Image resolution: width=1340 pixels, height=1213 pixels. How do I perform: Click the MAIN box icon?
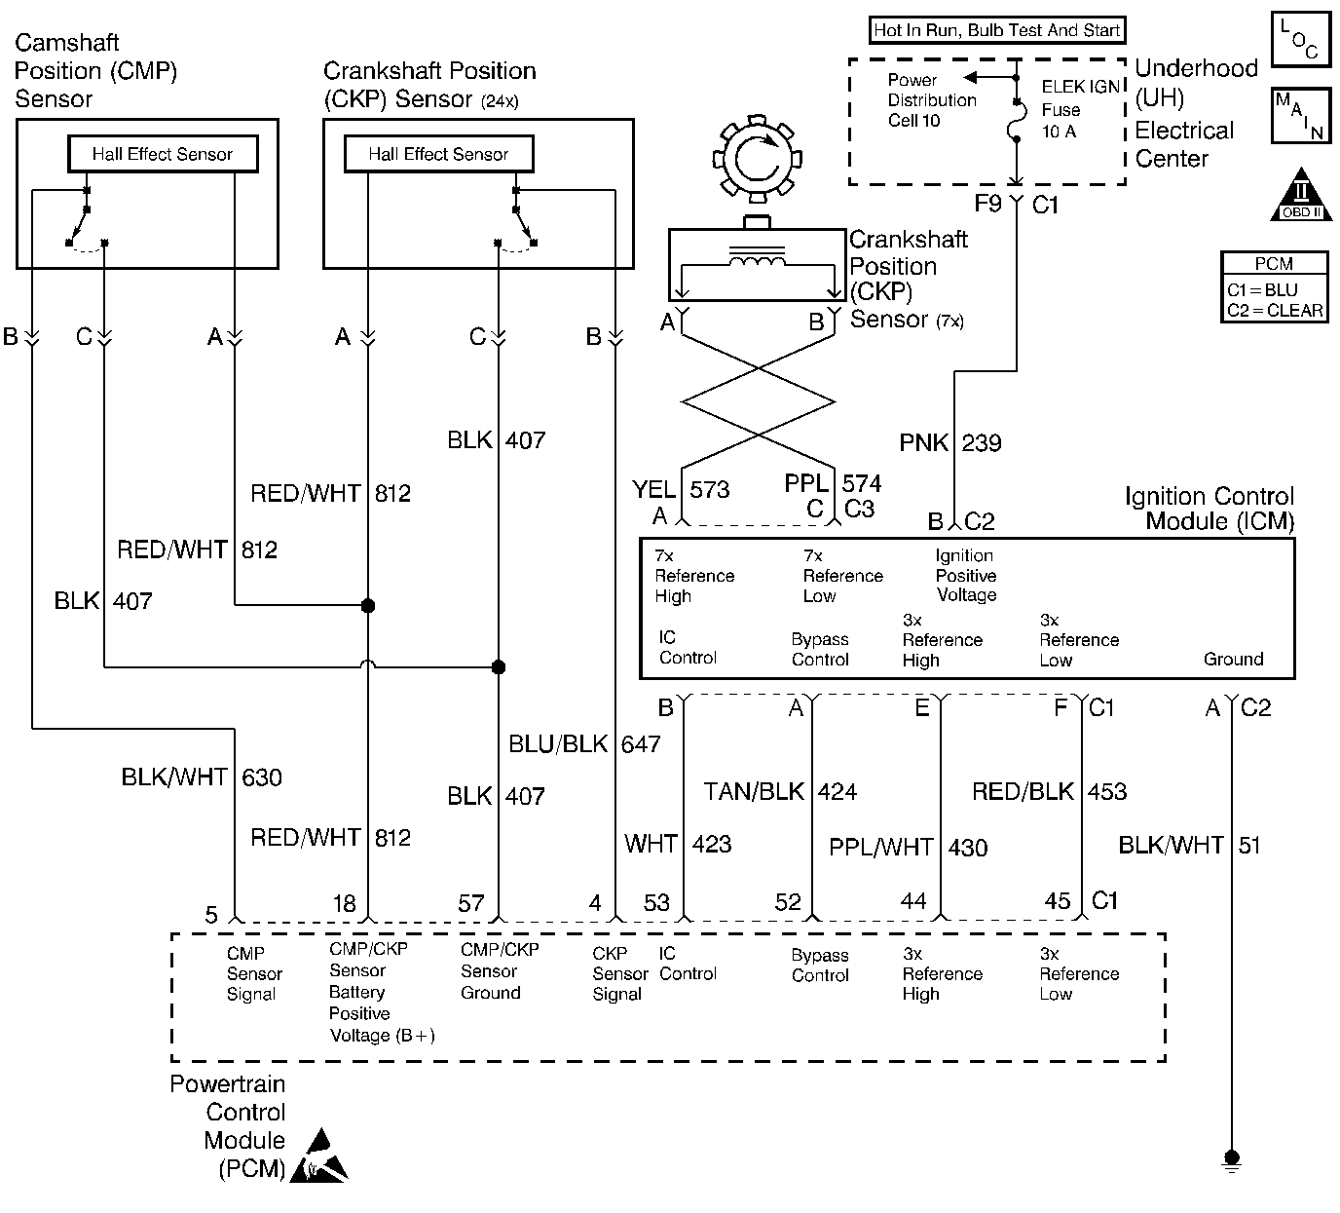pos(1300,117)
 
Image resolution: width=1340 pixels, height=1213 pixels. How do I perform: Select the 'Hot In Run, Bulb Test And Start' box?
pos(996,30)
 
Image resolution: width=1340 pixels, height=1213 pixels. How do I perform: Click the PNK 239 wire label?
pos(950,443)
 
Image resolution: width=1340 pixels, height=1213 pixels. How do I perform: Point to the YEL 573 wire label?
pos(681,489)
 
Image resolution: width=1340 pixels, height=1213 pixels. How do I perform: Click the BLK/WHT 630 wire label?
pos(202,777)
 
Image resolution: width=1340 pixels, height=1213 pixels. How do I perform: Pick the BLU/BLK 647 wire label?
pos(584,744)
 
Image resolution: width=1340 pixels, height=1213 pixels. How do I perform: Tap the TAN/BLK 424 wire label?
pos(780,791)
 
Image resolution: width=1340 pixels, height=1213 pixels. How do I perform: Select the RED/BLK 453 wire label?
pos(1049,791)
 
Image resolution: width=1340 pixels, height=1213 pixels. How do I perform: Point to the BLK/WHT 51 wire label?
pos(1189,845)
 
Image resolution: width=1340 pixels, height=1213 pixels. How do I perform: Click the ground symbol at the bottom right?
pos(1232,1160)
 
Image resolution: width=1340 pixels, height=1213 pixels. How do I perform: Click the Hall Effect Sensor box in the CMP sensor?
pos(163,154)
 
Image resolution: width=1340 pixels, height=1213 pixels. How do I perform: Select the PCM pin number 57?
pos(471,903)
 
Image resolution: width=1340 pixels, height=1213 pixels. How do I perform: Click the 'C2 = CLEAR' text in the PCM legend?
pos(1275,311)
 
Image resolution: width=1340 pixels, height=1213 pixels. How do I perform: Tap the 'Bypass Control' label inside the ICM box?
pos(820,649)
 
